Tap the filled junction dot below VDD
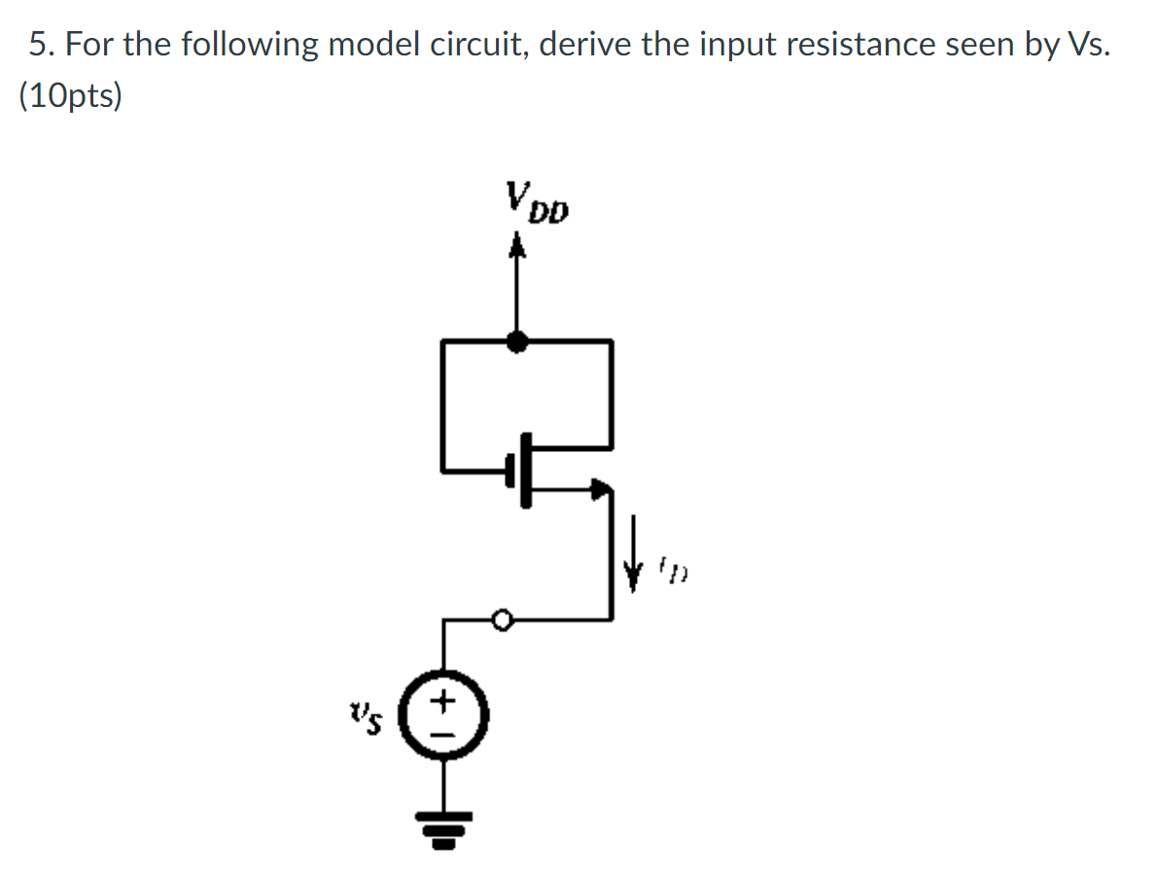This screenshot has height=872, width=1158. (x=519, y=340)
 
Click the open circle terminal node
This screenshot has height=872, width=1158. (x=502, y=618)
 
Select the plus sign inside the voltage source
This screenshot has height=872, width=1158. (x=445, y=699)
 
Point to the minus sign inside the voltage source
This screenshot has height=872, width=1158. (x=445, y=731)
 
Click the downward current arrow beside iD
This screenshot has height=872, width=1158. (x=639, y=562)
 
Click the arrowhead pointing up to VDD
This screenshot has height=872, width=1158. (x=519, y=251)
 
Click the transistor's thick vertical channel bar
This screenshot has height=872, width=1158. (x=526, y=471)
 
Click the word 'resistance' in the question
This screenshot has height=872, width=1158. (x=859, y=46)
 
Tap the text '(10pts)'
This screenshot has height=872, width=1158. (x=70, y=97)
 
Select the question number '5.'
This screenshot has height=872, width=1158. (x=39, y=46)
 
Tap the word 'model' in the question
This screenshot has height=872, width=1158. (x=371, y=46)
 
